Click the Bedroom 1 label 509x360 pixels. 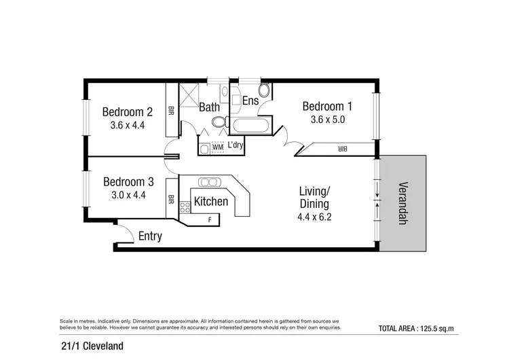(327, 107)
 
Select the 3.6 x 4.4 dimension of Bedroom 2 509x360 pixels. (127, 125)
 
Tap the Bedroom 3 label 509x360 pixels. (128, 181)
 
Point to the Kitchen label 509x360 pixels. (210, 201)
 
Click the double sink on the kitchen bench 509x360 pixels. (209, 182)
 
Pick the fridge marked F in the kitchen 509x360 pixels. (209, 219)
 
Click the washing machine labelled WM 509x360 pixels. (218, 147)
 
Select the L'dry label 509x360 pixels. (235, 145)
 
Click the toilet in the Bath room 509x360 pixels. (219, 123)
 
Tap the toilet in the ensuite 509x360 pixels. (264, 91)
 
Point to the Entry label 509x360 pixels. (149, 236)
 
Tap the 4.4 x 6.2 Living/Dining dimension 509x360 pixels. (314, 217)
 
